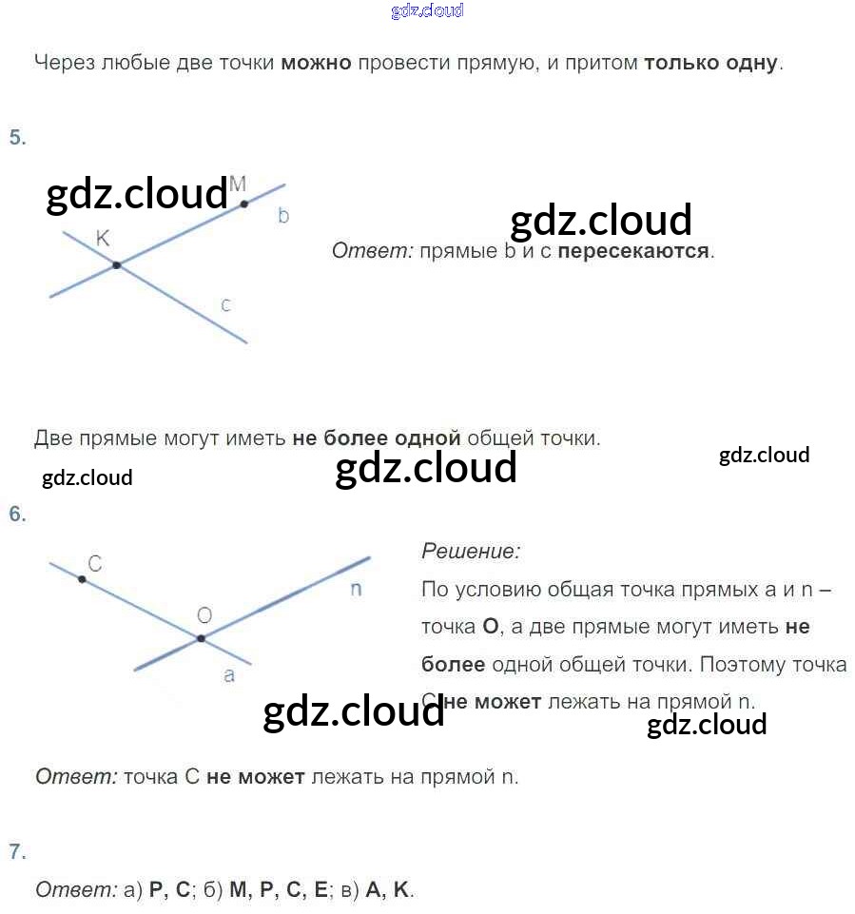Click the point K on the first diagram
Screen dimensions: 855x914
click(x=116, y=264)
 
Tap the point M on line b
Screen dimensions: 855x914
click(x=244, y=203)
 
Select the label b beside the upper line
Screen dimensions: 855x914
click(x=283, y=216)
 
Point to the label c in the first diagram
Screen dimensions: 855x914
click(x=225, y=305)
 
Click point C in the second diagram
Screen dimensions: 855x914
click(x=83, y=578)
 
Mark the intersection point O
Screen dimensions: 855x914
click(x=201, y=638)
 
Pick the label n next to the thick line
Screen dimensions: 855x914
click(x=356, y=589)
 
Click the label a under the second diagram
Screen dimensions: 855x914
click(x=228, y=676)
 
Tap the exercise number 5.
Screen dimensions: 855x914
click(x=17, y=137)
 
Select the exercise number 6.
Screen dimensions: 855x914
click(x=17, y=515)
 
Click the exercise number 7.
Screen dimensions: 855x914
click(x=17, y=851)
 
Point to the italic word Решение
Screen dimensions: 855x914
click(x=471, y=551)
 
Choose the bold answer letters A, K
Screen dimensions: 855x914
click(x=387, y=890)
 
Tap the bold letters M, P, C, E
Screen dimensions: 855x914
click(x=279, y=890)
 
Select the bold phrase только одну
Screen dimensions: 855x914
click(x=710, y=64)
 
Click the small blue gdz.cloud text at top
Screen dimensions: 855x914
click(x=427, y=11)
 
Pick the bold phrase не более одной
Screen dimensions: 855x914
click(x=377, y=438)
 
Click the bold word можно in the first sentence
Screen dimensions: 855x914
click(x=316, y=64)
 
